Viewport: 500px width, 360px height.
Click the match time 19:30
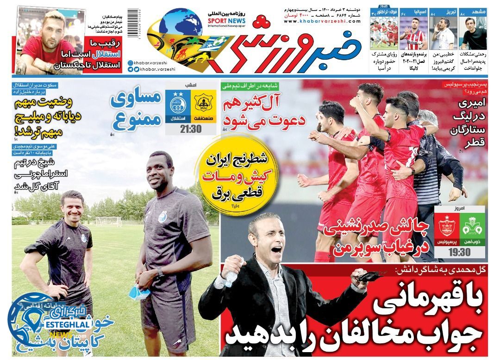[x=459, y=252]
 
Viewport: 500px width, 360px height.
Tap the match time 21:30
[x=190, y=128]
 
